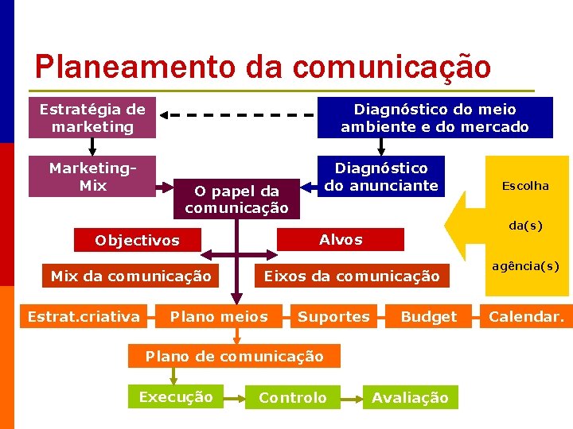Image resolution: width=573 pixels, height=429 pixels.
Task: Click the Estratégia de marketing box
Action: click(x=92, y=118)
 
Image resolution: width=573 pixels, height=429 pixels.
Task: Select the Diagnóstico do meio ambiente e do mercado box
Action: click(x=435, y=118)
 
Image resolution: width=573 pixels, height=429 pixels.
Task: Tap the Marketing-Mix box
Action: click(x=92, y=176)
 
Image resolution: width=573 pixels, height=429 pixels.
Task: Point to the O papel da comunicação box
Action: click(x=236, y=199)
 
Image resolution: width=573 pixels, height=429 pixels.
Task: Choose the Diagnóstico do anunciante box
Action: click(x=381, y=176)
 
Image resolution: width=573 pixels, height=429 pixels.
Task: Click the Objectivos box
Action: click(x=137, y=240)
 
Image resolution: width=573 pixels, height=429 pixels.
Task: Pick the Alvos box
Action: click(x=341, y=239)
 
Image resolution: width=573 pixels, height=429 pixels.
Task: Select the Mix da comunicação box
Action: click(x=131, y=276)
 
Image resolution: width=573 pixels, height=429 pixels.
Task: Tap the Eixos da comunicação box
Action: click(x=351, y=276)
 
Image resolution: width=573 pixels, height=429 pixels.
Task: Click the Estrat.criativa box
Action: click(x=84, y=317)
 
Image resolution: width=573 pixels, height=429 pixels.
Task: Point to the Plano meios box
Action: click(x=219, y=317)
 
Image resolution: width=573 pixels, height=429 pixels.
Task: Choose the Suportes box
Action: click(x=333, y=317)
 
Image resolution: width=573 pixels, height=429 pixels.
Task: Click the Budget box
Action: click(x=428, y=317)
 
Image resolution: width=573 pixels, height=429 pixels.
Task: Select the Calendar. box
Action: click(x=526, y=317)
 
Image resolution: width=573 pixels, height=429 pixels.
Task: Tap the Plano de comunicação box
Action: click(x=234, y=356)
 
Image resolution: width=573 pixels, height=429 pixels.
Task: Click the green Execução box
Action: click(x=176, y=397)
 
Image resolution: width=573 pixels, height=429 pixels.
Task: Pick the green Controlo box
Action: click(x=293, y=397)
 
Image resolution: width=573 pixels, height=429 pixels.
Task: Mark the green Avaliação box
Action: click(x=410, y=397)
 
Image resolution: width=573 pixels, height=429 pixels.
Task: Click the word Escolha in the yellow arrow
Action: click(x=525, y=186)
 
